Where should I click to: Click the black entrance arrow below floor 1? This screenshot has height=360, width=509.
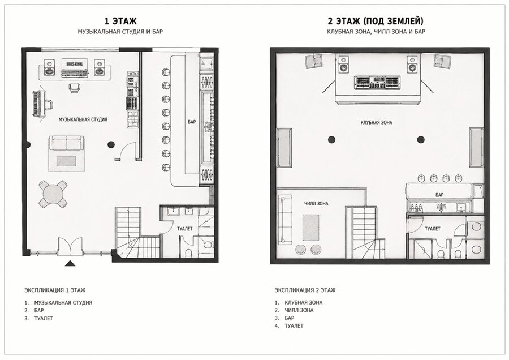click(70, 263)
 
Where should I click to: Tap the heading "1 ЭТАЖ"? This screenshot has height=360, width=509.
click(120, 21)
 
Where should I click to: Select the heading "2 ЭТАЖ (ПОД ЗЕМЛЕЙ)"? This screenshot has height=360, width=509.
click(376, 21)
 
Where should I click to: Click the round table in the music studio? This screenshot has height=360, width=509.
click(53, 194)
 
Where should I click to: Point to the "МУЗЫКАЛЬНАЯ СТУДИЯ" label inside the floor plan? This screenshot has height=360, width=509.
click(83, 119)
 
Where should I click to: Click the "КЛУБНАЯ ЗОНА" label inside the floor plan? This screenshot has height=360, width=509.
click(376, 122)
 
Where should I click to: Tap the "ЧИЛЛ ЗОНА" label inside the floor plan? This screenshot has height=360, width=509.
click(316, 204)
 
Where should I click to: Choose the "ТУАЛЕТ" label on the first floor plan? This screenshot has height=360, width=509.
click(185, 229)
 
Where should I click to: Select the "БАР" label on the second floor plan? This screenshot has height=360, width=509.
click(439, 195)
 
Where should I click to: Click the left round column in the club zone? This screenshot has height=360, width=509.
click(331, 140)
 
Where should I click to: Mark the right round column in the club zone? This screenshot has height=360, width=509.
click(421, 140)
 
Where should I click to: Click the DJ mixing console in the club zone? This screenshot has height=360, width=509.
click(377, 82)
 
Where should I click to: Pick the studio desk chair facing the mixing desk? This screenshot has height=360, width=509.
click(74, 87)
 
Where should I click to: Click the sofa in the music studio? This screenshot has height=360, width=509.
click(67, 143)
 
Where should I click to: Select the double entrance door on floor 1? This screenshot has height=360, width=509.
click(70, 246)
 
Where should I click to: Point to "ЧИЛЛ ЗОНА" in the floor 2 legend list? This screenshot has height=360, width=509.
click(299, 310)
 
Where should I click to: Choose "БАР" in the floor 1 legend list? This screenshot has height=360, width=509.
click(39, 310)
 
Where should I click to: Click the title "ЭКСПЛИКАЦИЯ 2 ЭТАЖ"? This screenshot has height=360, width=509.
click(305, 290)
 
